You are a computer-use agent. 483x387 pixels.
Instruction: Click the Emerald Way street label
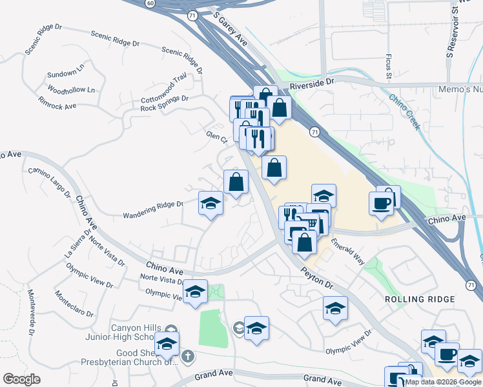click(x=347, y=251)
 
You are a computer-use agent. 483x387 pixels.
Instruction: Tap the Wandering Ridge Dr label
click(x=153, y=209)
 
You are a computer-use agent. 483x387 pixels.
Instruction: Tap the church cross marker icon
click(x=187, y=355)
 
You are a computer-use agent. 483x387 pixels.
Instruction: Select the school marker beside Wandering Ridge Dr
click(x=211, y=204)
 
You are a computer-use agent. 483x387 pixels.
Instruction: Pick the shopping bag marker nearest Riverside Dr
click(x=280, y=108)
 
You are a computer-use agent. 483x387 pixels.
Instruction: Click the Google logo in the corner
click(x=21, y=379)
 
